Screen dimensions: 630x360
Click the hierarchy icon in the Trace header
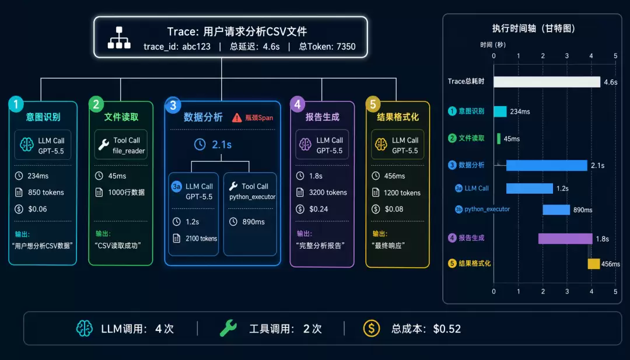tap(119, 38)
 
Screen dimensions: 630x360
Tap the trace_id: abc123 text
tap(177, 47)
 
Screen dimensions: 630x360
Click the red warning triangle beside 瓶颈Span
tap(237, 117)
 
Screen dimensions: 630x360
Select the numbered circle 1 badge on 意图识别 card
tap(16, 104)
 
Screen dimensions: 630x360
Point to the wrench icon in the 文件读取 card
tap(104, 145)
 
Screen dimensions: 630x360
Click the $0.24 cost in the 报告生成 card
tap(318, 209)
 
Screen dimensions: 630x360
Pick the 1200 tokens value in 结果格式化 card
tap(402, 193)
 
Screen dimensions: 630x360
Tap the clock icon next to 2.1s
tap(199, 144)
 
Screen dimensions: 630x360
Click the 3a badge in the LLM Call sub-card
tap(176, 187)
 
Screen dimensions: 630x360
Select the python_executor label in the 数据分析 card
tap(253, 197)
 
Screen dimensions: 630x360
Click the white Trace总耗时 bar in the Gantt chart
tap(547, 82)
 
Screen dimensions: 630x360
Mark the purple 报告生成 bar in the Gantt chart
tap(565, 239)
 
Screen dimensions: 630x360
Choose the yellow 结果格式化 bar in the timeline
tap(594, 264)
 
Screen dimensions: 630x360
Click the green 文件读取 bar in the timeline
tap(499, 139)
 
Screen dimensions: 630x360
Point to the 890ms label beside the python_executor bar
tap(583, 209)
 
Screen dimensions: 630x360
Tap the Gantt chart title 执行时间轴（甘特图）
tap(534, 29)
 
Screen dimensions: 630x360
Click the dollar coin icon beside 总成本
tap(371, 328)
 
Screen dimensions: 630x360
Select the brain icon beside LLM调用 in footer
tap(85, 328)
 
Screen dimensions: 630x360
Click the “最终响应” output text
tap(388, 246)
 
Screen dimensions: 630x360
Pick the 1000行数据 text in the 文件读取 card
tap(126, 193)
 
